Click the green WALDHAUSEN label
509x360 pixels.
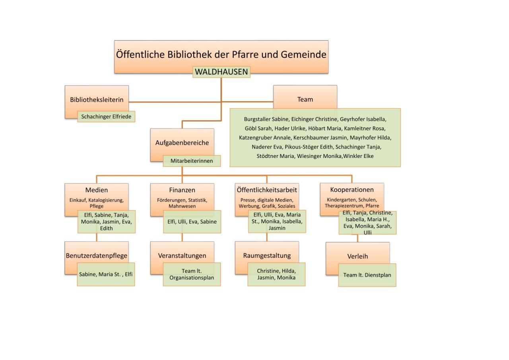point(221,72)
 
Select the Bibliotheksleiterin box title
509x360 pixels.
point(97,100)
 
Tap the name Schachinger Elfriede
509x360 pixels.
point(106,117)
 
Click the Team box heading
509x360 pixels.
point(305,99)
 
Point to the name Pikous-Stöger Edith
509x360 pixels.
point(309,147)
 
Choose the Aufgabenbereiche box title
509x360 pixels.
point(182,143)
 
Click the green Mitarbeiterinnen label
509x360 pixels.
point(192,161)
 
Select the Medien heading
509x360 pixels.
point(96,190)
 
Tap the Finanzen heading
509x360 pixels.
point(182,190)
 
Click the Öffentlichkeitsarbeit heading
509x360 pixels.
point(267,190)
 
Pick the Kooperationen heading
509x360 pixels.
point(352,190)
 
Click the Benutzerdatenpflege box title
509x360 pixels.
point(97,256)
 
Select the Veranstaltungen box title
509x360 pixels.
point(182,256)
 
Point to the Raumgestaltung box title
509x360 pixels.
point(267,256)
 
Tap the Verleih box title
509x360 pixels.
point(357,257)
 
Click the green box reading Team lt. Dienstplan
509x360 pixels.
point(367,275)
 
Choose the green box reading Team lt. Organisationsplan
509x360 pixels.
point(192,274)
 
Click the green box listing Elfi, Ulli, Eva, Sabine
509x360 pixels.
point(192,222)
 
